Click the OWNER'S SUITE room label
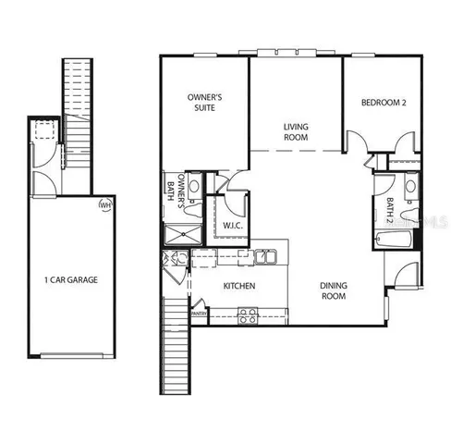204,102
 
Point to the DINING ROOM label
334,291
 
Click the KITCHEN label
239,286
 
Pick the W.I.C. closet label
232,225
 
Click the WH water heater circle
105,203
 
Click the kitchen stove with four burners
249,315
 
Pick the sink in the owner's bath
194,187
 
